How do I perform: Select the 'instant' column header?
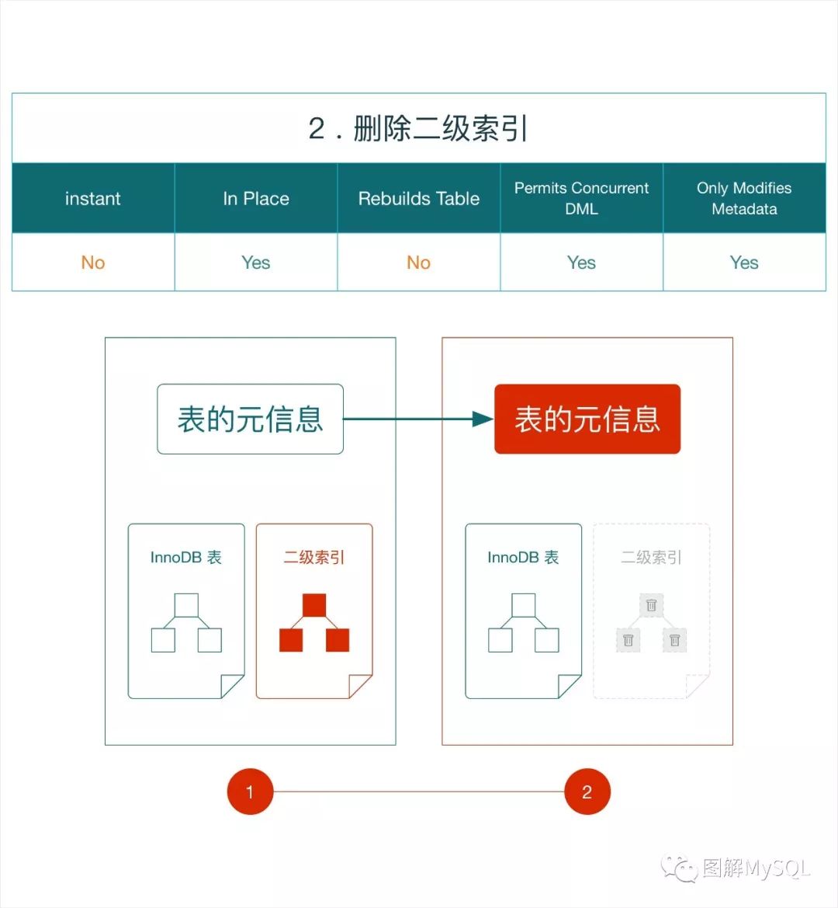(93, 199)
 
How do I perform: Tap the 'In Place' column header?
(256, 199)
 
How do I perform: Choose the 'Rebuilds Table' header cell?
(419, 199)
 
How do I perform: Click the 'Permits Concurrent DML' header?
(582, 198)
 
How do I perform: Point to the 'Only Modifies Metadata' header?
(744, 198)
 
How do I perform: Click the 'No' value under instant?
(93, 263)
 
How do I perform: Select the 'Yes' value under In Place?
(256, 263)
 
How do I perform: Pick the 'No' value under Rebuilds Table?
(419, 263)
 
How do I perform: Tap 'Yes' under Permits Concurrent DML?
(582, 263)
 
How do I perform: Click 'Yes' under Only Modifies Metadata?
(744, 263)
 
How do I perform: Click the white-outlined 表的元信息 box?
(250, 419)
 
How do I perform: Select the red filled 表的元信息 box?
(587, 419)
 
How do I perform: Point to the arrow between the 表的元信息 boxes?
(419, 419)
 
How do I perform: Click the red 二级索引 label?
(314, 558)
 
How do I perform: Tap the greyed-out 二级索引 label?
(652, 558)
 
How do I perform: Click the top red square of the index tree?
(314, 605)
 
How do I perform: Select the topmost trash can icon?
(652, 605)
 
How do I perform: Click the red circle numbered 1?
(250, 792)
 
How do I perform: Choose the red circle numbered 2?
(587, 792)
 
